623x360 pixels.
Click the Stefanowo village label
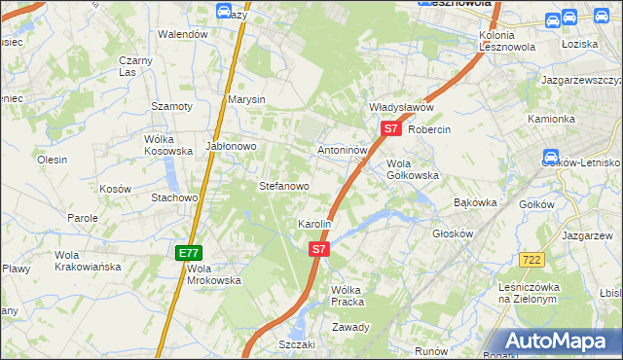point(283,186)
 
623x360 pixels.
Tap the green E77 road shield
point(189,253)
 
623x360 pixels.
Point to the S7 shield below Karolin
point(319,250)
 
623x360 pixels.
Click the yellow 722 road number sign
point(531,258)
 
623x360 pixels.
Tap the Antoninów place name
point(342,151)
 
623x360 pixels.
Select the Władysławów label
point(400,107)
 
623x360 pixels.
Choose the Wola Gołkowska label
point(413,169)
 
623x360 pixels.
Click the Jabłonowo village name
point(230,146)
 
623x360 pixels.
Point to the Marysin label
point(246,100)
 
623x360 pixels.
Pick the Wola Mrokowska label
point(213,274)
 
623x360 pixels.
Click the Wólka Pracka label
point(347,296)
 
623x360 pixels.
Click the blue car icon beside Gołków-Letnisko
point(550,157)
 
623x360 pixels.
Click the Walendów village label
point(184,34)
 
